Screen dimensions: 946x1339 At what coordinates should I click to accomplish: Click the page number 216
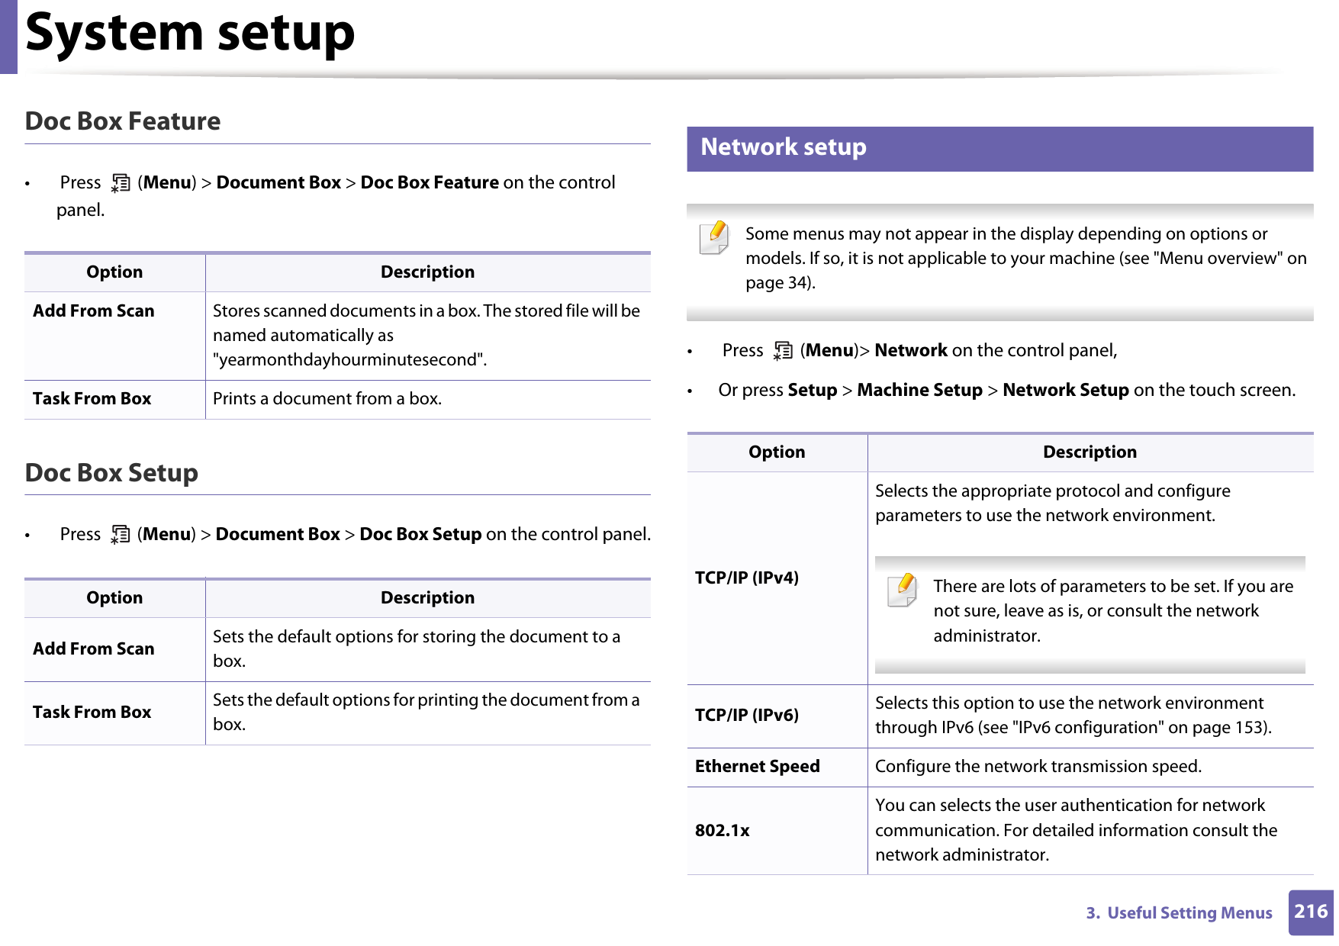[1311, 912]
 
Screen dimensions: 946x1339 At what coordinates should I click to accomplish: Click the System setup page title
[190, 34]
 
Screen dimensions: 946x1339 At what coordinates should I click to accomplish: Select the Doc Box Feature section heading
[123, 121]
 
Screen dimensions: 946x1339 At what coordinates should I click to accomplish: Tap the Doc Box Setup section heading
[111, 473]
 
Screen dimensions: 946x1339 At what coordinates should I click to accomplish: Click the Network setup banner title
[783, 147]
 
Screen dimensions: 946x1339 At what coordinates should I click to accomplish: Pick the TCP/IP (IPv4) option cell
[746, 578]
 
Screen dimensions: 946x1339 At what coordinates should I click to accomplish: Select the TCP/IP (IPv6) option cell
[746, 715]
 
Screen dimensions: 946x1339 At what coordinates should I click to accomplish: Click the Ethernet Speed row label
[757, 766]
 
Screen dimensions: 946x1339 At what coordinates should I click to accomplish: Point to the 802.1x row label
[722, 830]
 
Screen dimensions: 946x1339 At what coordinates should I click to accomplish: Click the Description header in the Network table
[1089, 452]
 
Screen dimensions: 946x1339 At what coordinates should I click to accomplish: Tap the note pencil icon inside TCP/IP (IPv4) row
[903, 589]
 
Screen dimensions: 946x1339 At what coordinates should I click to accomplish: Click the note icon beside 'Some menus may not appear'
[715, 236]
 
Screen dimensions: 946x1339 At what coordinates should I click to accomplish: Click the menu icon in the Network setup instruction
[783, 351]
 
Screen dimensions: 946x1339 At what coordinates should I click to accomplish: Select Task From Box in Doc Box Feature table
[92, 399]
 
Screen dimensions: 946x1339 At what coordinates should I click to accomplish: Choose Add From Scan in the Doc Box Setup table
[93, 648]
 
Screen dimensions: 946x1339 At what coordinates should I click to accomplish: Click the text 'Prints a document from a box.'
[327, 399]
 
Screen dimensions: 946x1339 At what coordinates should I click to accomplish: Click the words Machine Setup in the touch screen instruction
[919, 391]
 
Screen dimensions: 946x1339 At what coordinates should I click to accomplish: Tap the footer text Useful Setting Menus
[1189, 913]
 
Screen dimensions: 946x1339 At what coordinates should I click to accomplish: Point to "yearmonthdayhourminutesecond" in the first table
[349, 360]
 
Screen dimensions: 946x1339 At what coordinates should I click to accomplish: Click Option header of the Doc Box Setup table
[114, 598]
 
